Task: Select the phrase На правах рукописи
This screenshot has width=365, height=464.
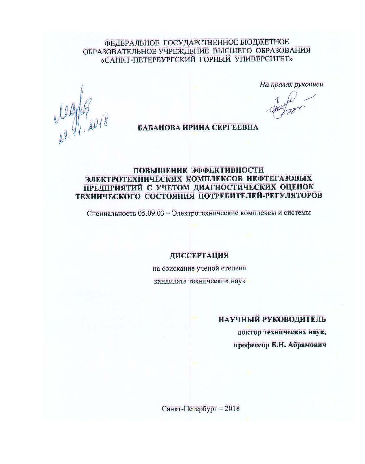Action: pyautogui.click(x=291, y=85)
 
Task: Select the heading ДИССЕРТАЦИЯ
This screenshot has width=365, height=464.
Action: pyautogui.click(x=199, y=255)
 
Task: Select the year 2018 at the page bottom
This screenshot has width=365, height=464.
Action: pyautogui.click(x=232, y=408)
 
